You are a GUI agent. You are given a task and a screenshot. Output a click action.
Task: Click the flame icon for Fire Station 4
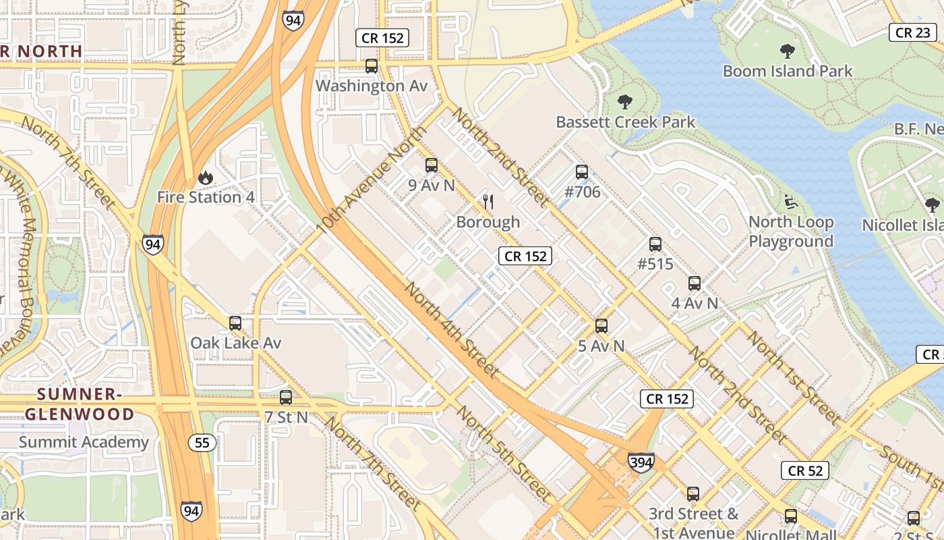click(206, 178)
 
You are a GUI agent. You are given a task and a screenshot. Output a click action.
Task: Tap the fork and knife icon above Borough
click(489, 202)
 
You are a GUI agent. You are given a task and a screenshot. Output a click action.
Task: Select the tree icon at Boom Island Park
click(787, 51)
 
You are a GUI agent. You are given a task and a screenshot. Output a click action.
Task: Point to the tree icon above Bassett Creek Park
click(625, 102)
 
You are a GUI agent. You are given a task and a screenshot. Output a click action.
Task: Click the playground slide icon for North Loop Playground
click(790, 202)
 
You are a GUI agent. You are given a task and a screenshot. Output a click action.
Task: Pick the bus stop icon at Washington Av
click(371, 66)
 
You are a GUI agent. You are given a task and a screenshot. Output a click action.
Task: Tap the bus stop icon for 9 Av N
click(432, 165)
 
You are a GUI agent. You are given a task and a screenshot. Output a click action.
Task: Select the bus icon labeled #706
click(582, 173)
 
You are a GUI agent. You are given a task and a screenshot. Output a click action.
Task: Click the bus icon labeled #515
click(655, 244)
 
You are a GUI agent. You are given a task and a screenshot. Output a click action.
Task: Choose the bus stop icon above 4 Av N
click(695, 283)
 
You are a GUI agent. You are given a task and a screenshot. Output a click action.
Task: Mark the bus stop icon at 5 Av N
click(601, 326)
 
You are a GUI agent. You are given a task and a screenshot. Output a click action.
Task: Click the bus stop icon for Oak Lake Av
click(235, 323)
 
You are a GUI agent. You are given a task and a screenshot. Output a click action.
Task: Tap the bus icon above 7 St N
click(286, 398)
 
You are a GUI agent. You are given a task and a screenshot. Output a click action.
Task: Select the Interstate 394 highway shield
click(640, 462)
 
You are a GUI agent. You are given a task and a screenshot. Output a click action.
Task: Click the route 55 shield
click(202, 443)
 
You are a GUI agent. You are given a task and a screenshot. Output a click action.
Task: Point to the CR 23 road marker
click(913, 32)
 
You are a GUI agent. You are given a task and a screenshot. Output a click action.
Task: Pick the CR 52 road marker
click(805, 470)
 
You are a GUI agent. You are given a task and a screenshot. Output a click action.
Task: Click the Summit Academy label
click(84, 443)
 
